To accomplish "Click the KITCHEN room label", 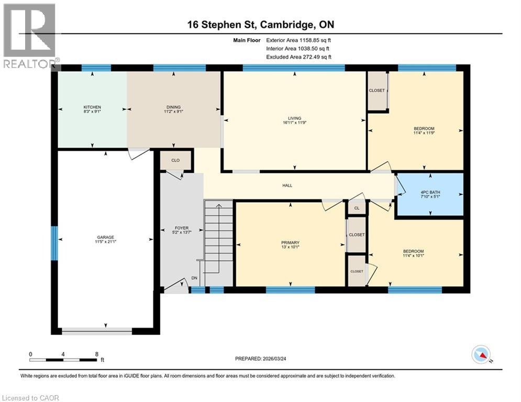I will coord(92,107).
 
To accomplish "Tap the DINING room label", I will coord(173,107).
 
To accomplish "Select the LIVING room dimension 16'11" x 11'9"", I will coord(295,124).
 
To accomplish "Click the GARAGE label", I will coord(105,237).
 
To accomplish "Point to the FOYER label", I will coord(181,228).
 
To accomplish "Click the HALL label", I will coord(287,185).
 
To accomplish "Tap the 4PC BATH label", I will coord(430,192).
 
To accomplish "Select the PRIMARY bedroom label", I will coord(290,242).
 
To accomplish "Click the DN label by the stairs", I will coord(194,278).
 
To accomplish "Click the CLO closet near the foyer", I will coord(175,160).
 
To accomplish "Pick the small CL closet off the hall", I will coord(357,208).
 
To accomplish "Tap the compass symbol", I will coord(481,355).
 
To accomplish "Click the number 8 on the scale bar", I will coord(97,354).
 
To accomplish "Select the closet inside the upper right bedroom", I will coord(376,91).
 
